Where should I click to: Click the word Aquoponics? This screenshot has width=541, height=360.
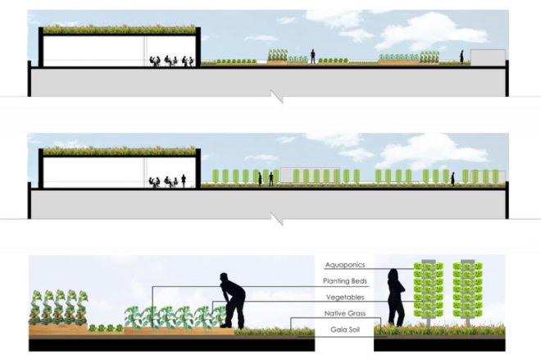point(344,265)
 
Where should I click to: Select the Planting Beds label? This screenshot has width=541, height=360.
point(344,281)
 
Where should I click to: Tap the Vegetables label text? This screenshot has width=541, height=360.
point(345,297)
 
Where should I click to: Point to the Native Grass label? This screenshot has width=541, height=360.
point(344,313)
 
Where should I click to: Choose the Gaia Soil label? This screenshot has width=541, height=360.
point(345,330)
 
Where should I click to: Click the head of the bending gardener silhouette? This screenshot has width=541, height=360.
point(224,277)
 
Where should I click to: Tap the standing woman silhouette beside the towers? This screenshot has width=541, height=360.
point(395,298)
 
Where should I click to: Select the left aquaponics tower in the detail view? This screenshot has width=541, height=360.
point(429,292)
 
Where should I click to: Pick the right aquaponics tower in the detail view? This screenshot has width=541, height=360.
point(467,292)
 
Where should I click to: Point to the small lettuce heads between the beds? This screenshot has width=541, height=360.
point(106,328)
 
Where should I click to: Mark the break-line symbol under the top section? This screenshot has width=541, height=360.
point(277,97)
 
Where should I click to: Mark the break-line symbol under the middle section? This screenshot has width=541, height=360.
point(277,219)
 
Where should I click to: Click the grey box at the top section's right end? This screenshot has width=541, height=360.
point(488,57)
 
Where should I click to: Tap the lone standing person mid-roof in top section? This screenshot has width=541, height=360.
point(312,57)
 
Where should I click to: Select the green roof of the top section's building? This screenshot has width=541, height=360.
point(120,30)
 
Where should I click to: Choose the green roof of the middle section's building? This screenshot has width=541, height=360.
point(120,151)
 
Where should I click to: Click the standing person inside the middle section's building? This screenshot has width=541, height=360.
point(184,181)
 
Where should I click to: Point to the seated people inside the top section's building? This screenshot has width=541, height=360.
point(171,61)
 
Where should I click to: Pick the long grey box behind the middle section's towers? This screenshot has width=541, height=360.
point(310,175)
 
